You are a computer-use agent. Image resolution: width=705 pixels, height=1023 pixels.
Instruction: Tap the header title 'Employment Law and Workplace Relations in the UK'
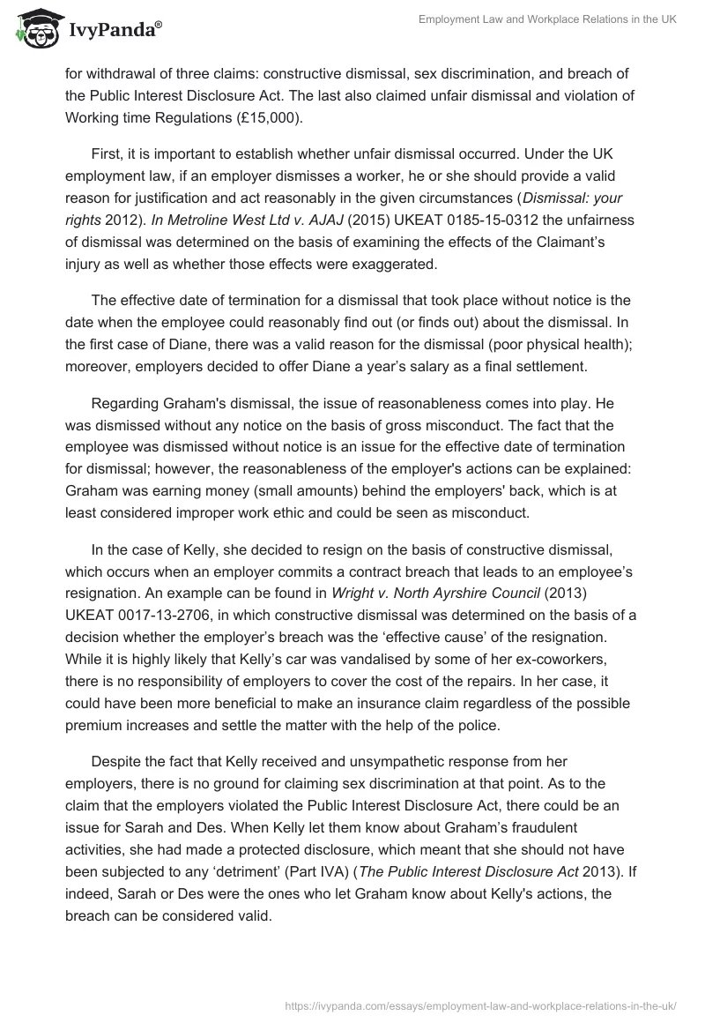tap(546, 20)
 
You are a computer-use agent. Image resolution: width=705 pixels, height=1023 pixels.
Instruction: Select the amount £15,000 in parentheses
tap(247, 117)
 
